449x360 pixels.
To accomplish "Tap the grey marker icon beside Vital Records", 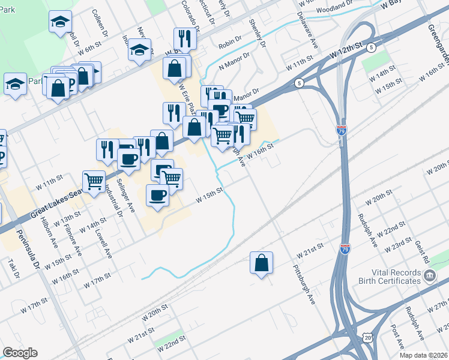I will tap(430, 276).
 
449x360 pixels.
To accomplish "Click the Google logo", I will tap(20, 353).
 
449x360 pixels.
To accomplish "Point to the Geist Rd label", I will tap(423, 253).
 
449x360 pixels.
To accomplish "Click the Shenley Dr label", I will tap(256, 34).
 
